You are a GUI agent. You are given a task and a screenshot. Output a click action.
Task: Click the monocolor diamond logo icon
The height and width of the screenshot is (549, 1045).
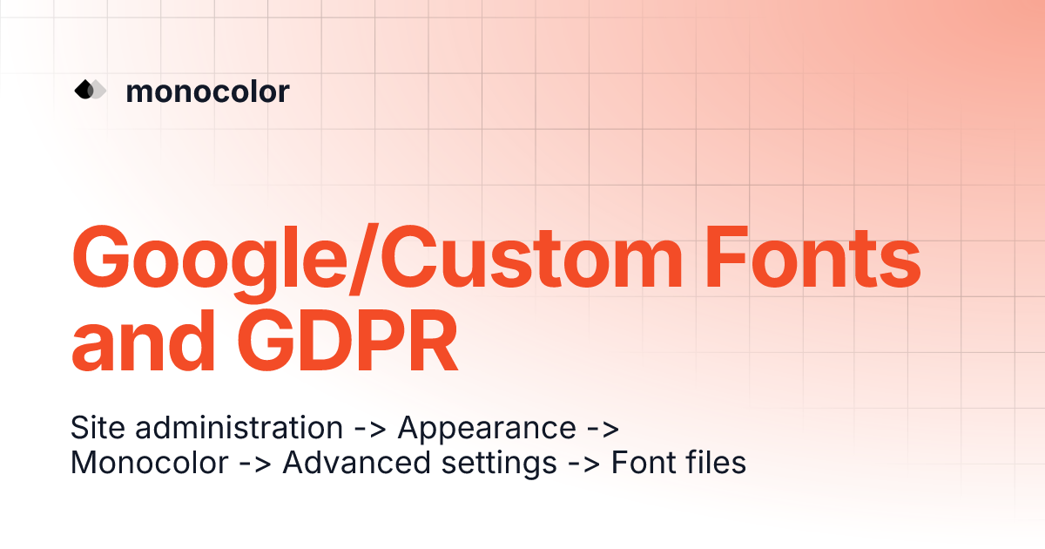[x=91, y=89]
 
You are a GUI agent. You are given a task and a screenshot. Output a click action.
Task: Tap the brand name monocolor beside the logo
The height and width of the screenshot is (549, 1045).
[x=207, y=91]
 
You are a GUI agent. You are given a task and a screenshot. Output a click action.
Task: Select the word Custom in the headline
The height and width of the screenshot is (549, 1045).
[x=532, y=258]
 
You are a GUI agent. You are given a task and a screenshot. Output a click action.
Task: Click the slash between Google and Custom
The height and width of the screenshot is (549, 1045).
[x=364, y=259]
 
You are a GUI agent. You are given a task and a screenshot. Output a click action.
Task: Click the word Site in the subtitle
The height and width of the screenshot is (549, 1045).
[x=98, y=427]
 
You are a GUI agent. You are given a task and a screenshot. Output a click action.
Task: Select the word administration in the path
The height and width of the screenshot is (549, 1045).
[x=239, y=427]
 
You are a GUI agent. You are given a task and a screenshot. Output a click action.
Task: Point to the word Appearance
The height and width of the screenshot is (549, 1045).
[x=487, y=428]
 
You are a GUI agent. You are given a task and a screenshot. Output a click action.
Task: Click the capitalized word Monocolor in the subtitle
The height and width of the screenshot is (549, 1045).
[x=150, y=462]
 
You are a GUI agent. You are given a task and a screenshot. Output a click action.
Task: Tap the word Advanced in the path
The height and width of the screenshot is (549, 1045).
[x=356, y=462]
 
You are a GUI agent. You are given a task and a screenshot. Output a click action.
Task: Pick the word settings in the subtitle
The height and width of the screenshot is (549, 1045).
[x=499, y=464]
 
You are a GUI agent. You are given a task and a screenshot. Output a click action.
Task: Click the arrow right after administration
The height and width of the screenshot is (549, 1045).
[x=370, y=429]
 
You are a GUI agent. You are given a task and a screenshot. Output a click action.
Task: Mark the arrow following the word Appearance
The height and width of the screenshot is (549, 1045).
[x=603, y=429]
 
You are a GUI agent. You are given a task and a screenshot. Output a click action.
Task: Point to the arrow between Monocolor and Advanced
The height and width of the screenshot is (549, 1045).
[x=255, y=464]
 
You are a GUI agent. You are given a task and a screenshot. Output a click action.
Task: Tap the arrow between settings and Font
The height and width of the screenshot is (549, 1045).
[x=584, y=464]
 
